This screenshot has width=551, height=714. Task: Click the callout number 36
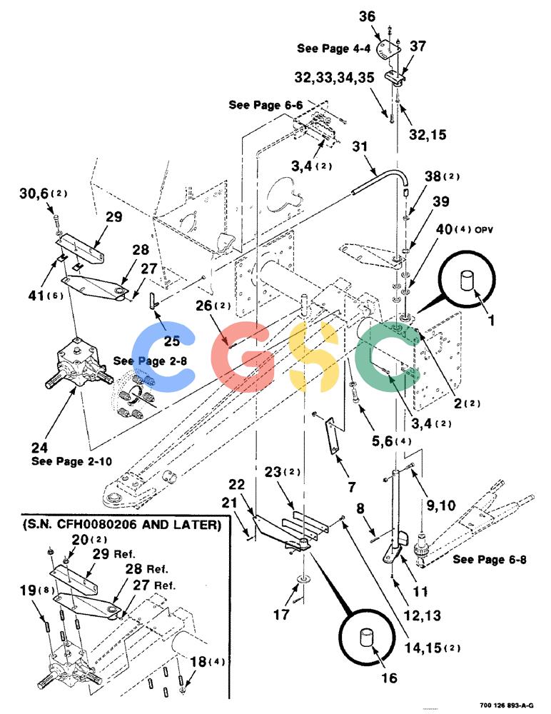tap(367, 16)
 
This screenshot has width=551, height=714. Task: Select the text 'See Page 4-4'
tap(334, 49)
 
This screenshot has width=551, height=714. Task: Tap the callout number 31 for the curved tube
tap(360, 146)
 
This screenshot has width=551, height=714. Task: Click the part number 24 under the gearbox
tap(40, 447)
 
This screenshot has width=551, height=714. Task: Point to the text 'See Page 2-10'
tap(71, 461)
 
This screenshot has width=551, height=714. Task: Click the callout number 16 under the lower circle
tap(390, 678)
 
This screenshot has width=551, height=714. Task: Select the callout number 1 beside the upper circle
tap(491, 321)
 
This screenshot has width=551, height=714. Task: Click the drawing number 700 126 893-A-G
tap(506, 705)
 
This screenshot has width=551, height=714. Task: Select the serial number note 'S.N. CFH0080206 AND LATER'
tap(122, 525)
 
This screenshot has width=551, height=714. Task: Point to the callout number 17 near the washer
tap(281, 615)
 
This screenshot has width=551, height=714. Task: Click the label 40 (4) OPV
tap(464, 229)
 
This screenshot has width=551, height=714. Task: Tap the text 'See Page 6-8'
tap(489, 559)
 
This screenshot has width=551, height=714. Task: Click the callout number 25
tap(172, 341)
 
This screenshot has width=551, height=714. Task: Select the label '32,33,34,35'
tap(334, 77)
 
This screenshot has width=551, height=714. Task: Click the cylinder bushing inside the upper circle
tap(467, 280)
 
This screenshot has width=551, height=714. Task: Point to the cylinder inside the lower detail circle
tap(367, 637)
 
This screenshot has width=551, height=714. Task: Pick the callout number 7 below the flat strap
tap(352, 487)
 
